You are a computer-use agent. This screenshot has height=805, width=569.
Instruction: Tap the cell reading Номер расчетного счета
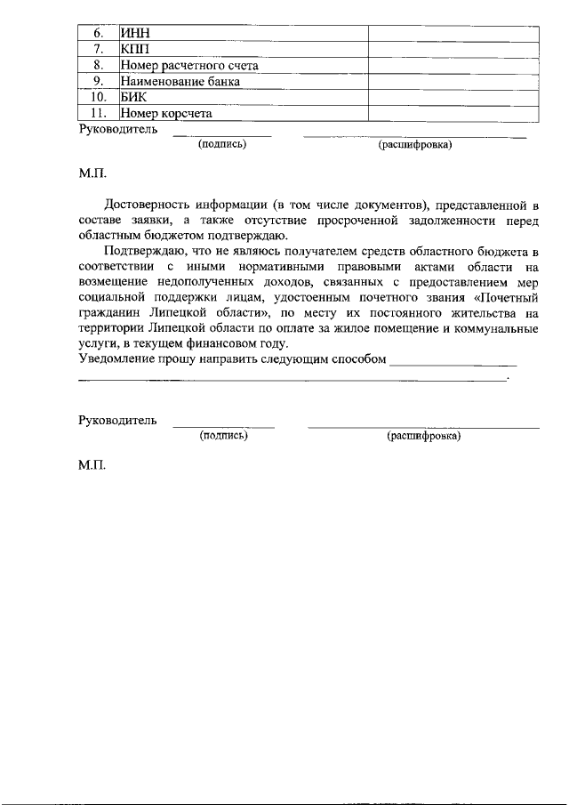coord(190,65)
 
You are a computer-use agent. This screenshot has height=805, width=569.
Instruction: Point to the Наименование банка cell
coord(180,81)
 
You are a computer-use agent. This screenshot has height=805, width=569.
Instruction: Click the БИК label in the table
coord(135,97)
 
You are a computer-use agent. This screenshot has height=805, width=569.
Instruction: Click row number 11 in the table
coord(99,113)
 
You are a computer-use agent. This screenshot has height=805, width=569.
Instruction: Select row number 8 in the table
coord(99,65)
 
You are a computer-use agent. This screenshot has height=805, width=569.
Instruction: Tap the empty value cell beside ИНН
coord(453,33)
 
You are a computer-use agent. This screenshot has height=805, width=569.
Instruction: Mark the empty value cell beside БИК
coord(453,97)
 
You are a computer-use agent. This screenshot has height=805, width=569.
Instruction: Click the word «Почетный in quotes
coord(507,298)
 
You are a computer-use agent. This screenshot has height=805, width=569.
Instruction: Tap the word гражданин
coord(109,314)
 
